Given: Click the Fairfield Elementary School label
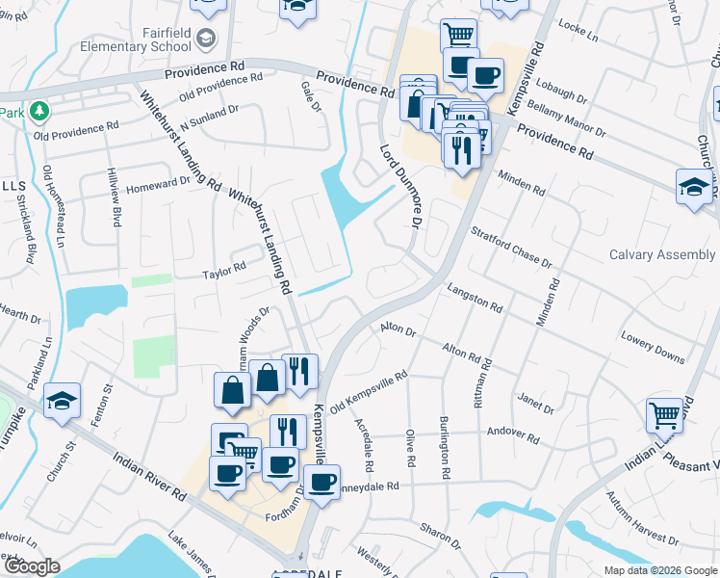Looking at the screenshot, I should (x=136, y=37).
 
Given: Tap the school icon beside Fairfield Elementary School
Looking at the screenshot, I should (x=205, y=38).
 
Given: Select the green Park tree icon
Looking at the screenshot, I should (x=39, y=112).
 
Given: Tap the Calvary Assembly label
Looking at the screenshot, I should (x=662, y=254).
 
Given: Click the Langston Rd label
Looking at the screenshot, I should (x=476, y=298).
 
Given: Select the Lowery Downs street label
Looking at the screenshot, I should (x=653, y=349).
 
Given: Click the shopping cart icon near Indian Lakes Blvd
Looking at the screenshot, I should (x=664, y=415).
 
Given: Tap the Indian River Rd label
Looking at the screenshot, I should (x=149, y=478).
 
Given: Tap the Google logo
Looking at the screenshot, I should (x=32, y=566).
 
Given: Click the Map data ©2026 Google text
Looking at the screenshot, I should (x=659, y=570).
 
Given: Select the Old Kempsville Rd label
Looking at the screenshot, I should (x=370, y=393).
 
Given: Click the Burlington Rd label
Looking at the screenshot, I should (x=445, y=447).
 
